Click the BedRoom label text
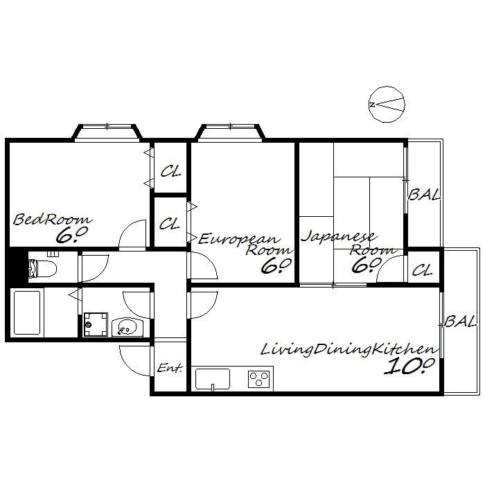(52, 219)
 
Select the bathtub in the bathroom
(27, 312)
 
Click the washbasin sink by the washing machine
(127, 327)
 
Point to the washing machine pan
(96, 324)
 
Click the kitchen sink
(213, 379)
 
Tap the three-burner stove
(259, 379)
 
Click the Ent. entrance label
(170, 368)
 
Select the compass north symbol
(387, 104)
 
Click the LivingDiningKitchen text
(349, 349)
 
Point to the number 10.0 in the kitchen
(409, 367)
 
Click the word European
(239, 239)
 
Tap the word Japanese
(339, 237)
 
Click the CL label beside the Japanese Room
(422, 271)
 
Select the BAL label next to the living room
(459, 322)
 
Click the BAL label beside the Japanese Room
(424, 195)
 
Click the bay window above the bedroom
(107, 132)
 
